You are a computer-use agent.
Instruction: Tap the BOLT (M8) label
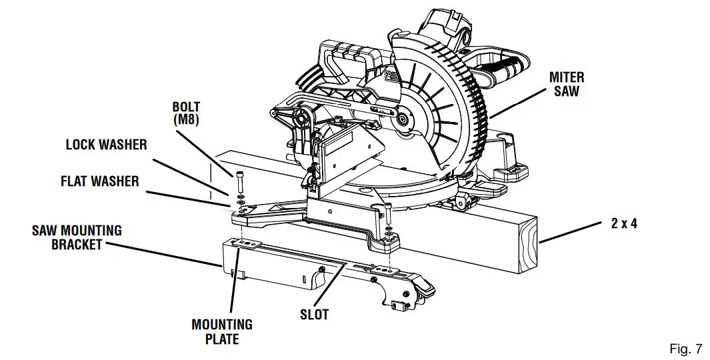pos(186,113)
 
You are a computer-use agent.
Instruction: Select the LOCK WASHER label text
pos(106,145)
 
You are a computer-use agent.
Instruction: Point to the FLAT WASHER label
pos(101,181)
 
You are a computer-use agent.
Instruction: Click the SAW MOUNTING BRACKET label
pos(77,237)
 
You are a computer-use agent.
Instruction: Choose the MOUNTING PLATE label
pos(222,332)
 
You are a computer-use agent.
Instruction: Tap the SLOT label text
pos(313,314)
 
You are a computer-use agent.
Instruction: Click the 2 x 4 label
pos(623,224)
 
